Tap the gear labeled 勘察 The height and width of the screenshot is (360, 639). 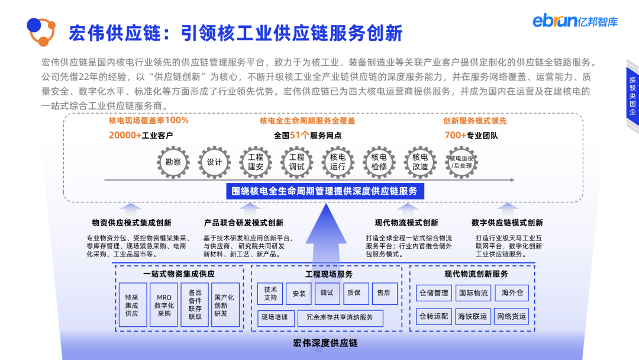(173, 161)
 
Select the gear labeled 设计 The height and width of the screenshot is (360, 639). (214, 161)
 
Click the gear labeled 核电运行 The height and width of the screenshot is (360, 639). (338, 161)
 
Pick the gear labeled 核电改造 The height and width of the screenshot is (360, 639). (420, 161)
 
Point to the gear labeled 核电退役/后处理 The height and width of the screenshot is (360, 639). (461, 161)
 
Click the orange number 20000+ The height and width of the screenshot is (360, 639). (125, 135)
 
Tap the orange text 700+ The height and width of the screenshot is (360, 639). (455, 135)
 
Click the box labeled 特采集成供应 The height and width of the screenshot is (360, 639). (131, 305)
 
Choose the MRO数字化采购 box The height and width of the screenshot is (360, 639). (164, 305)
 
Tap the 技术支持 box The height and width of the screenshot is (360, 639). (270, 293)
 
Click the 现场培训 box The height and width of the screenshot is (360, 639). (275, 317)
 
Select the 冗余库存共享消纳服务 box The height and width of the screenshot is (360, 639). (340, 317)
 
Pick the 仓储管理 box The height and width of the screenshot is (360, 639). (434, 292)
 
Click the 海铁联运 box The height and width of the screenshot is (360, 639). (473, 316)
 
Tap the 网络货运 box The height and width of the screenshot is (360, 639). (512, 316)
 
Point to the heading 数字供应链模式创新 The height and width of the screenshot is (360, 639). (507, 223)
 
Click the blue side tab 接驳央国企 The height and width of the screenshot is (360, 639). (632, 95)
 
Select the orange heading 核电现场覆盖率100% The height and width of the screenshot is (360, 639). (149, 121)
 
